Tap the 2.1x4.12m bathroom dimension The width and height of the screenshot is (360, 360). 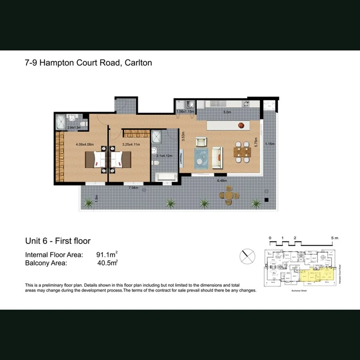coord(164,156)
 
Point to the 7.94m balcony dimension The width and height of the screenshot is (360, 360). coord(133,188)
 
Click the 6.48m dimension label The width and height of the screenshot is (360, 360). coord(222,181)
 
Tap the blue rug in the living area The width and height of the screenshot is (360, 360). coord(202,157)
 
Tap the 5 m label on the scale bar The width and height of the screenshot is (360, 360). coord(334,238)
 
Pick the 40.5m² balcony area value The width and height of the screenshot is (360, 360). coord(107,263)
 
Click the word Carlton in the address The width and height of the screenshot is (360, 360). coord(138,63)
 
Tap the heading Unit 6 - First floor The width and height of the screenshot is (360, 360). coord(58,241)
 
